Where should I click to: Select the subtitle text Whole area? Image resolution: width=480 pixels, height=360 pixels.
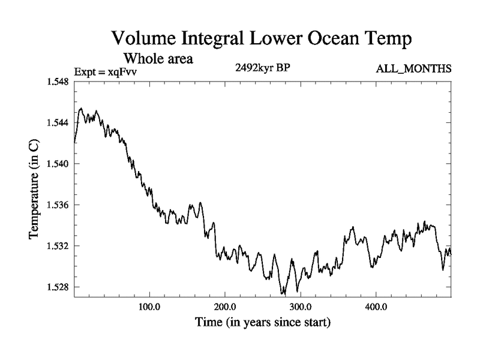tap(158, 59)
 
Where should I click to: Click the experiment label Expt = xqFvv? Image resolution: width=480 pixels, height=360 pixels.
tap(105, 72)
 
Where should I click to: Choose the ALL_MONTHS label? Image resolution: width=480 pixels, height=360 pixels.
tap(413, 70)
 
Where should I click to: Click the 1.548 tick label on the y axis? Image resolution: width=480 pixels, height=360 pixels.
tap(58, 82)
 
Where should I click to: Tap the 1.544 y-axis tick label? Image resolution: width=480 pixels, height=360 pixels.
tap(58, 122)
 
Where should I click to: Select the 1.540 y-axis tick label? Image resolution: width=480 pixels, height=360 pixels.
tap(58, 164)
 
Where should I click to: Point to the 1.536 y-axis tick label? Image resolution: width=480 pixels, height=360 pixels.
tap(58, 205)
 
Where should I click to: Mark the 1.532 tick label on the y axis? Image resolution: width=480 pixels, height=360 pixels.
tap(58, 246)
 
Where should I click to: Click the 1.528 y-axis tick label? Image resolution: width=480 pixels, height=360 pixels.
tap(58, 287)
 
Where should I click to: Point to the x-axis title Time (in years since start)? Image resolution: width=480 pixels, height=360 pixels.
tap(262, 322)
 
